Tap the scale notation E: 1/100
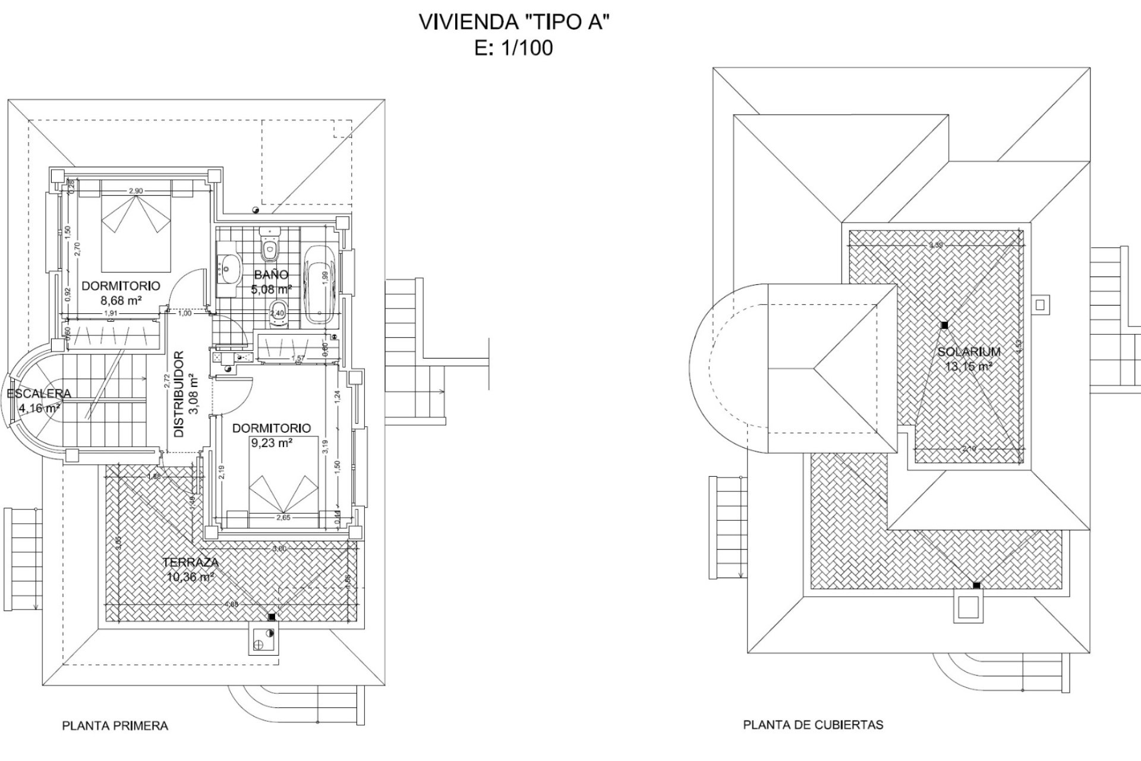pos(514,48)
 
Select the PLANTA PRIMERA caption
pos(115,725)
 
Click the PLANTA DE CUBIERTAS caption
pos(813,725)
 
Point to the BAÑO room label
pos(271,275)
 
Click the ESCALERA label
pos(39,394)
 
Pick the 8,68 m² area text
pos(121,300)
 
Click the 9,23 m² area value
pos(271,442)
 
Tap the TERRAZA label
pos(190,562)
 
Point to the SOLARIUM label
pos(969,351)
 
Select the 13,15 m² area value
pos(969,366)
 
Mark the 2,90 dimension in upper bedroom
pos(135,191)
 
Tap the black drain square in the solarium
pos(944,325)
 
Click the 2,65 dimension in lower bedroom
pos(283,517)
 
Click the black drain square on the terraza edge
pos(272,618)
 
